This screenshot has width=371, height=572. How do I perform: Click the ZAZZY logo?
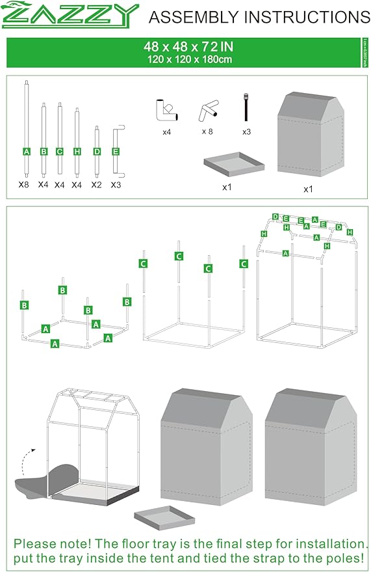point(71,15)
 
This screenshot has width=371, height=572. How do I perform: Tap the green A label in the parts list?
point(27,151)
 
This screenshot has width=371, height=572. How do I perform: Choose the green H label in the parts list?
point(77,151)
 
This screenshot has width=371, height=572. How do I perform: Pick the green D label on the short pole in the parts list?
point(97,151)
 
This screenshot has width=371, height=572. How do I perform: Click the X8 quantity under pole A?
point(25,184)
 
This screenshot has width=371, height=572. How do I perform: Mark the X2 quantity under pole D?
point(97,184)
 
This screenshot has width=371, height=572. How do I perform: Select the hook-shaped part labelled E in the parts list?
point(117,150)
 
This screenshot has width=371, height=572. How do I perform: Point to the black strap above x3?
point(246,107)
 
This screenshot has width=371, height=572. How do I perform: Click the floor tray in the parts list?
point(234,166)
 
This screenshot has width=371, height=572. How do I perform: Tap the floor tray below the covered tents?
point(165,517)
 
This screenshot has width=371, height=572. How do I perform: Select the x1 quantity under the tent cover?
point(308,189)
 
